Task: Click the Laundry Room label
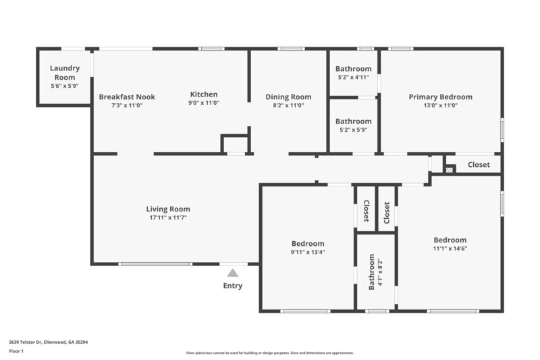point(65,72)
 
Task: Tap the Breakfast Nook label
point(127,97)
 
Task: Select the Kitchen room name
point(204,95)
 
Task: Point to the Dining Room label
point(288,97)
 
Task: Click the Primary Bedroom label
point(441,97)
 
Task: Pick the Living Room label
point(168,209)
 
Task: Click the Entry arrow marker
point(233,273)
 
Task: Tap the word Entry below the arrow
point(233,286)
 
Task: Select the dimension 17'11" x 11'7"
point(168,217)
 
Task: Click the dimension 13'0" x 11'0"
point(441,105)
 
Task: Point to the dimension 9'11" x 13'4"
point(308,253)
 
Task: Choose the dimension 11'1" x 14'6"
point(450,249)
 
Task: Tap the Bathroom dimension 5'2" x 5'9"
point(354,130)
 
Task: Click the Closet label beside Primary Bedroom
point(479,164)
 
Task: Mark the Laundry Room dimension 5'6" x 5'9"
point(65,86)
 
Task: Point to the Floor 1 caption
point(16,351)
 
